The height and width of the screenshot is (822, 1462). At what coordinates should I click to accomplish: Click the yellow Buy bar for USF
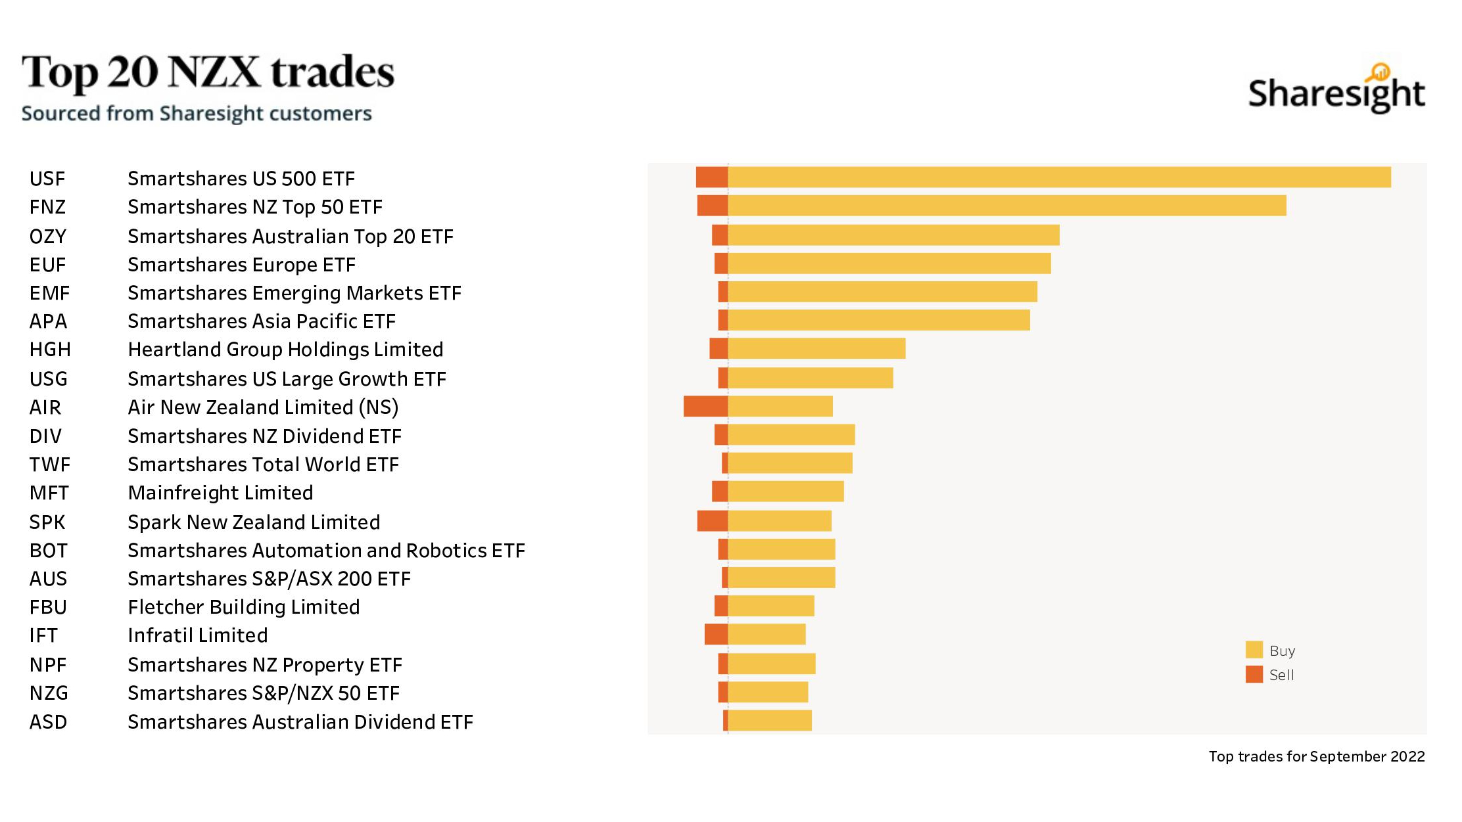1058,177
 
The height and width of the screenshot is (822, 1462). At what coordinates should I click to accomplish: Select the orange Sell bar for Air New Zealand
705,406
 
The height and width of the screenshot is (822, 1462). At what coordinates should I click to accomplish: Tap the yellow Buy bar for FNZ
1006,206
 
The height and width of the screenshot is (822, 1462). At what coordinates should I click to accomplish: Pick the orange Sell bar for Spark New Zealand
712,520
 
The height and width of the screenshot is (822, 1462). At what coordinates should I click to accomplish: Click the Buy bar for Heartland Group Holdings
816,348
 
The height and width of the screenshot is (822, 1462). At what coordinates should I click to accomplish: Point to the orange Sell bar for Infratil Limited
716,634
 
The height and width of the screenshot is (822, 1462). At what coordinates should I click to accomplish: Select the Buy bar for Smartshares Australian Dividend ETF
770,720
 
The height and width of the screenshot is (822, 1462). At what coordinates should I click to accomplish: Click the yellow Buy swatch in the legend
1254,650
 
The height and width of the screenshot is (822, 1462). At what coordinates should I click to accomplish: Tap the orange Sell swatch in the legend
1254,674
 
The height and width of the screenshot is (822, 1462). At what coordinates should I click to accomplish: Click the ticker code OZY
48,237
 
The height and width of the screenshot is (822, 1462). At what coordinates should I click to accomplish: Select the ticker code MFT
49,493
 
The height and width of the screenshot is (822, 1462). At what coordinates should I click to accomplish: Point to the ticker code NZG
49,693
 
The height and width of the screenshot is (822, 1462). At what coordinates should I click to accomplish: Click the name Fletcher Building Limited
244,607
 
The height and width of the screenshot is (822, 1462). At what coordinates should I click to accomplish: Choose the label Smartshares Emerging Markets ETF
295,293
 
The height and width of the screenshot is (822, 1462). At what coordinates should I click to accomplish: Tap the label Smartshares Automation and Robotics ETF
326,551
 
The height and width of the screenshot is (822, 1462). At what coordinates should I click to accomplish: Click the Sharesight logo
1336,91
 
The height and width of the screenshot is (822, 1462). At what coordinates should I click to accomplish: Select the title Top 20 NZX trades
208,72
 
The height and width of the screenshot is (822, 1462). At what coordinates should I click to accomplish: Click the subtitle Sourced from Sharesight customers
197,114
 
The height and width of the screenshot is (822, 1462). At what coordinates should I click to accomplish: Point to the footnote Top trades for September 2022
1316,756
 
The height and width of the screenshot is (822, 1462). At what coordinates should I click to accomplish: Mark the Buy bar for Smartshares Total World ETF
790,463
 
